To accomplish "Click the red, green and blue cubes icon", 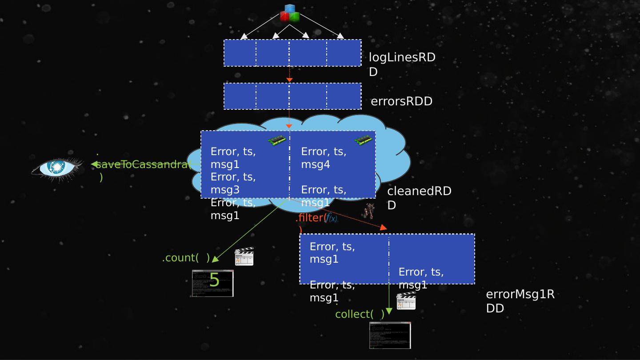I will click(x=290, y=13).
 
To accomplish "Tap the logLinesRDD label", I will click(x=402, y=64).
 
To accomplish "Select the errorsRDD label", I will click(x=401, y=101).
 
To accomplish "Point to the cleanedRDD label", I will click(x=419, y=198).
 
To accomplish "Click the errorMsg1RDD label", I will click(x=520, y=301).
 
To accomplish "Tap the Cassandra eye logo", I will click(x=57, y=168).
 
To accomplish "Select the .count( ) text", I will click(x=186, y=258).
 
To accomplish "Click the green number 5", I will click(x=214, y=280).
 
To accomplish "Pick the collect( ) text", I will click(x=360, y=314).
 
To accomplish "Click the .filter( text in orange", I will click(x=311, y=218).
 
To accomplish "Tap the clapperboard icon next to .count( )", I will click(x=244, y=257).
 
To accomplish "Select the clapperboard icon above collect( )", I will click(x=406, y=301).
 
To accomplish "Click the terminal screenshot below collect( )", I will click(x=390, y=335).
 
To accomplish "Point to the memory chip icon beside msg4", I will click(x=363, y=140).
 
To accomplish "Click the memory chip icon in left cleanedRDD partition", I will click(x=276, y=140).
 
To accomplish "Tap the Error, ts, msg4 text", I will click(x=323, y=158).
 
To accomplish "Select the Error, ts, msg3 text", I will click(x=233, y=183).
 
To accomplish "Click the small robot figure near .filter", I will click(x=369, y=211).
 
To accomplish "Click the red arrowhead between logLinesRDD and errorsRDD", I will click(x=289, y=80).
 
